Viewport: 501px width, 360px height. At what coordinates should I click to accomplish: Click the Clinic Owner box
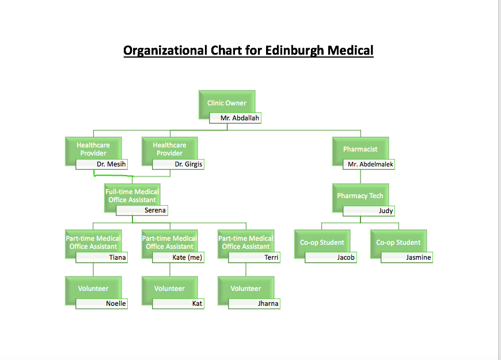tap(227, 103)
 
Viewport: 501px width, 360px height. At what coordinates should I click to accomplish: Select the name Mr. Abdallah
tap(240, 118)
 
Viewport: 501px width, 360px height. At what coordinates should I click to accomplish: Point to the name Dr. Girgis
tap(188, 164)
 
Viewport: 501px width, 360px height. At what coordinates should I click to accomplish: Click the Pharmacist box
tap(360, 149)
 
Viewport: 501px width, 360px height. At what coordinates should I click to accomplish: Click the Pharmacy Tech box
tap(360, 196)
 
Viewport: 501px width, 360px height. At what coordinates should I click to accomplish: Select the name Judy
tap(385, 211)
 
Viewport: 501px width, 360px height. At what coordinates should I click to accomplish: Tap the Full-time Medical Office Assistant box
tap(132, 196)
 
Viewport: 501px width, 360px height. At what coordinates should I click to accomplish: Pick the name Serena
tap(154, 211)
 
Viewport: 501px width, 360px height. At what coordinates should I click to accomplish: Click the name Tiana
tap(117, 257)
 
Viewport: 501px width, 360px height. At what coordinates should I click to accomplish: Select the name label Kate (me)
tap(187, 257)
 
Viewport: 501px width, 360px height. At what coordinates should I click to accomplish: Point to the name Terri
tap(271, 257)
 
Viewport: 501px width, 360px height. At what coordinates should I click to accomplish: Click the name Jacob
tap(346, 257)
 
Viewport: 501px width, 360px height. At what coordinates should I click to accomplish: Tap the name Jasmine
tap(418, 257)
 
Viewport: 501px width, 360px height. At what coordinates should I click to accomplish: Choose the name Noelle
tap(115, 304)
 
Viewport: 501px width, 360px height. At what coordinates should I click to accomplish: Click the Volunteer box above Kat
tap(169, 289)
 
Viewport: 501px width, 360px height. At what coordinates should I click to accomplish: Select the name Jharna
tap(268, 304)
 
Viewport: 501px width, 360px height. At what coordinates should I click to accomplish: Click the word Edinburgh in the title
tap(294, 51)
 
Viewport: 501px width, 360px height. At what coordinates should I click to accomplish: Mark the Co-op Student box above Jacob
tap(322, 242)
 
